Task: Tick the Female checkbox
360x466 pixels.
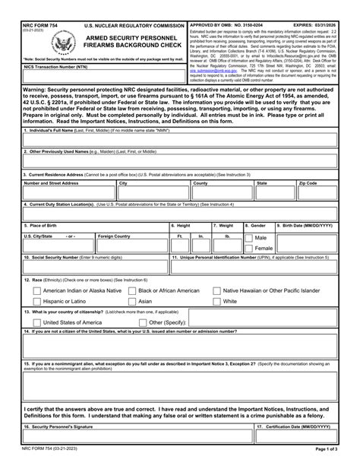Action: (250, 249)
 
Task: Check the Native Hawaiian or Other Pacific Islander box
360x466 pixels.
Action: (216, 290)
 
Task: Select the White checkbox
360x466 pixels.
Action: (216, 301)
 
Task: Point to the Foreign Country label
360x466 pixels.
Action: (115, 236)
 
